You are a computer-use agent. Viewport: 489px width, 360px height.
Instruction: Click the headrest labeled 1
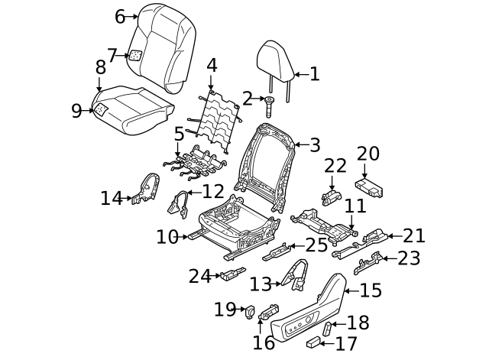pos(274,60)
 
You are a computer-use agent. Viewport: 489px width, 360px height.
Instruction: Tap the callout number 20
pos(368,154)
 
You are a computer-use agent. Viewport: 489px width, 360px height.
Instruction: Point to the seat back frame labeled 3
pos(264,161)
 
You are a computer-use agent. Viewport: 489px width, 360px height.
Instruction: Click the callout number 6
pos(120,15)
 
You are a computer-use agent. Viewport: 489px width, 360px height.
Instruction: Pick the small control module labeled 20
pos(371,186)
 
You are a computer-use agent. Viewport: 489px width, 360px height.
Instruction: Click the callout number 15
pos(371,290)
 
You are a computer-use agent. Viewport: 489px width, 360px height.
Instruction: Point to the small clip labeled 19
pos(249,310)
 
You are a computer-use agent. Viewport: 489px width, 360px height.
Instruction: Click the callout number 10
pos(167,237)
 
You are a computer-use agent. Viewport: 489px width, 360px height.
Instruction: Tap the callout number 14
pos(112,199)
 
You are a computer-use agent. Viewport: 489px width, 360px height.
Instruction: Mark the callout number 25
pos(316,245)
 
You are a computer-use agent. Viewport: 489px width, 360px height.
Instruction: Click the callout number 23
pos(409,258)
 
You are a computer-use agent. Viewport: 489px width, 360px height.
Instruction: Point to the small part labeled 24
pos(231,274)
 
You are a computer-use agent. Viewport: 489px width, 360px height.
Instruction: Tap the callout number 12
pos(213,191)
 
